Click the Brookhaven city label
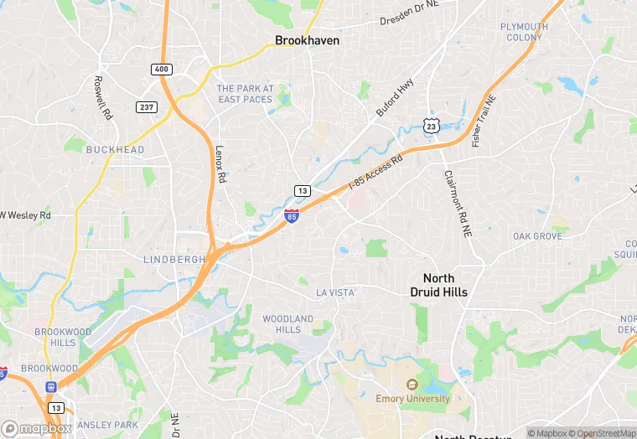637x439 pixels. coord(308,39)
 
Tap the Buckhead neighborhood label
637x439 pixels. coord(116,150)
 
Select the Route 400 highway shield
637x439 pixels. coord(162,69)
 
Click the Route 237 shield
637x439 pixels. coord(147,106)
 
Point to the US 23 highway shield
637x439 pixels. coord(432,125)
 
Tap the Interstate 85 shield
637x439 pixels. coord(291,216)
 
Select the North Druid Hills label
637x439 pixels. coord(439,286)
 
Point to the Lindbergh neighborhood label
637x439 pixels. coord(174,260)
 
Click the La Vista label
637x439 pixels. coord(335,292)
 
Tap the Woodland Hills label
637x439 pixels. coord(287,324)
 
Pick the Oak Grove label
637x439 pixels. coord(537,236)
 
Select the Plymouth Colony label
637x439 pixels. coord(524,32)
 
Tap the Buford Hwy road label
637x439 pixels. coord(395,98)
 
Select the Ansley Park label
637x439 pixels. coord(107,425)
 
